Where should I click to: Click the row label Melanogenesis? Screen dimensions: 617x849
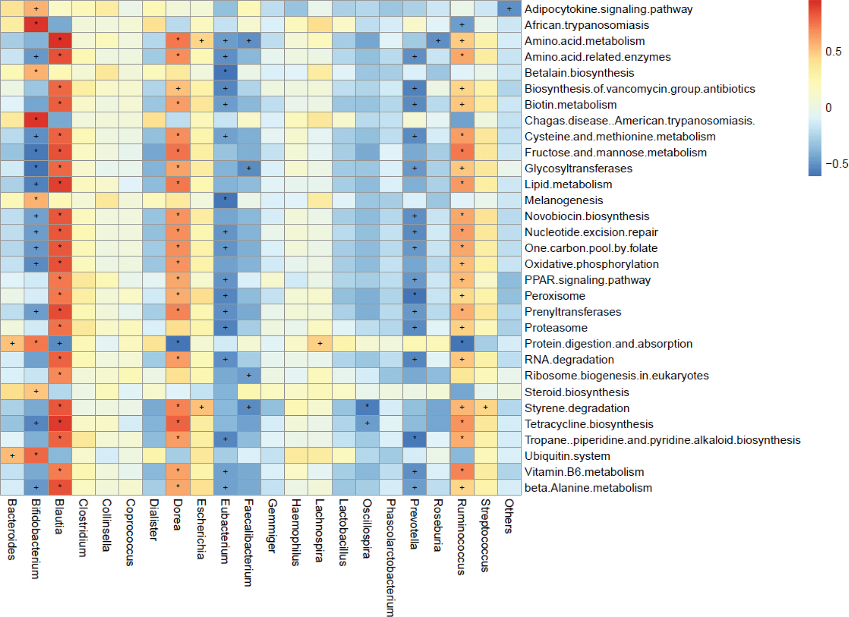coord(563,200)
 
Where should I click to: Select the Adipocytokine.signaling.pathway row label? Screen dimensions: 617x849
coord(608,9)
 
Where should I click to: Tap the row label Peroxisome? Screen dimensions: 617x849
coord(555,296)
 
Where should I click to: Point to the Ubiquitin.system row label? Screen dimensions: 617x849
coord(567,456)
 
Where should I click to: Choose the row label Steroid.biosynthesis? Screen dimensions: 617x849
coord(577,392)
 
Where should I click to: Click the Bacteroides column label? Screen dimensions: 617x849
coord(12,529)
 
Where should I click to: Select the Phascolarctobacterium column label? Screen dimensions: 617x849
coord(391,557)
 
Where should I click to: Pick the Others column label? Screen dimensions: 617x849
coord(509,516)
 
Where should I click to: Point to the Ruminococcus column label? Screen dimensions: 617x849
coord(462,537)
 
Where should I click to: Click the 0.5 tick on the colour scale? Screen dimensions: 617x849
coord(833,52)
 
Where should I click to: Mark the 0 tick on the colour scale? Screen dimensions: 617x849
coord(828,108)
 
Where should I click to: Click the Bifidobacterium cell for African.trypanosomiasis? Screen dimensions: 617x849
coord(36,25)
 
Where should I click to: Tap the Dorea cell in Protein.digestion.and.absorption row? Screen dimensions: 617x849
coord(178,343)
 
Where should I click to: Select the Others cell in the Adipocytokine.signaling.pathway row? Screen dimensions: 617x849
coord(509,9)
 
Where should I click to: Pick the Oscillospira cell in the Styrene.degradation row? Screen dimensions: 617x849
coord(367,408)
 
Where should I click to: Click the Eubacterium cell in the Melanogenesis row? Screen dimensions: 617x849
coord(225,200)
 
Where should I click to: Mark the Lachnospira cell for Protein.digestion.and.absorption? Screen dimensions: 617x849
coord(320,343)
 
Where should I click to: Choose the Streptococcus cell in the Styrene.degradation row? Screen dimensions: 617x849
coord(485,408)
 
